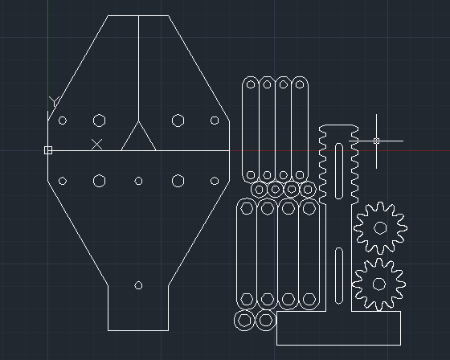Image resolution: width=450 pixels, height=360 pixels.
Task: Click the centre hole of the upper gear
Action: (x=380, y=228)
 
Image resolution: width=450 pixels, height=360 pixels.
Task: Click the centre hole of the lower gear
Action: (x=378, y=284)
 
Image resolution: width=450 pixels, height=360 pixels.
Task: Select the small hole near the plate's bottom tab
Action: (x=138, y=285)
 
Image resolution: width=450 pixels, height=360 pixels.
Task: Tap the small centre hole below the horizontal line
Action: (x=138, y=181)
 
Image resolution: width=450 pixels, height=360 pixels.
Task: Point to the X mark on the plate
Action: (x=96, y=145)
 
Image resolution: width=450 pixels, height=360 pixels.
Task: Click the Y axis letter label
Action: (x=54, y=101)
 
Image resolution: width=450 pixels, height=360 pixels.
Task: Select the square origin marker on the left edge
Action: (x=48, y=150)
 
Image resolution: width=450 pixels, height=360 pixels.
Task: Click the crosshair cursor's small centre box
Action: (x=377, y=141)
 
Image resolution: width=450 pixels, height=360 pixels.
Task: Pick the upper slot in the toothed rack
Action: (x=339, y=171)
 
